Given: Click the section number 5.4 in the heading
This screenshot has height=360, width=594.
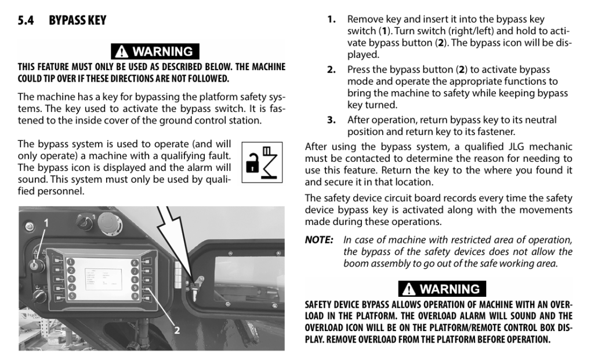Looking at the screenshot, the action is [26, 20].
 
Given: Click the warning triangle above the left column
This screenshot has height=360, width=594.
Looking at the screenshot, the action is [121, 51].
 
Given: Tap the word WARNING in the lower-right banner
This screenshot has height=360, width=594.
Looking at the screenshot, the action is [450, 289].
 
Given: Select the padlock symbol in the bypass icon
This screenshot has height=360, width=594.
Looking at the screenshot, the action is [252, 163].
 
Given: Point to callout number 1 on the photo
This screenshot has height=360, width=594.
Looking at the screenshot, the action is [46, 223].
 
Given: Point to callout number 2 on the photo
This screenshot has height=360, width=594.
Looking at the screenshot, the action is [176, 330].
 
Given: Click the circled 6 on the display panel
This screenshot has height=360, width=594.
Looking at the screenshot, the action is [135, 263].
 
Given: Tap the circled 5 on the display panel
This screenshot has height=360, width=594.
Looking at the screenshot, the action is [71, 296].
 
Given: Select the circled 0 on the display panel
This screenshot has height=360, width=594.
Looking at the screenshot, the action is [135, 296].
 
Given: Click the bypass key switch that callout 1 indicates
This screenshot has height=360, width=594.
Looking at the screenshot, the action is [37, 266].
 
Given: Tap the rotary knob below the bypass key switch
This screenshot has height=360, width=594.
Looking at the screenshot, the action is [38, 296].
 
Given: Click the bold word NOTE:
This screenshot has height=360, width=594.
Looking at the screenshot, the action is [319, 240].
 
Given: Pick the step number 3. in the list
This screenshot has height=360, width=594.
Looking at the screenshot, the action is [331, 120].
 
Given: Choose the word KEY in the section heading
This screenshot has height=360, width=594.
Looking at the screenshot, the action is [97, 20].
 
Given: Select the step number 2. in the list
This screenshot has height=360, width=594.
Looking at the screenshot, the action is [331, 70].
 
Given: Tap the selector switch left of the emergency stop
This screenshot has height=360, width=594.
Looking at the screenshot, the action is [85, 222].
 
